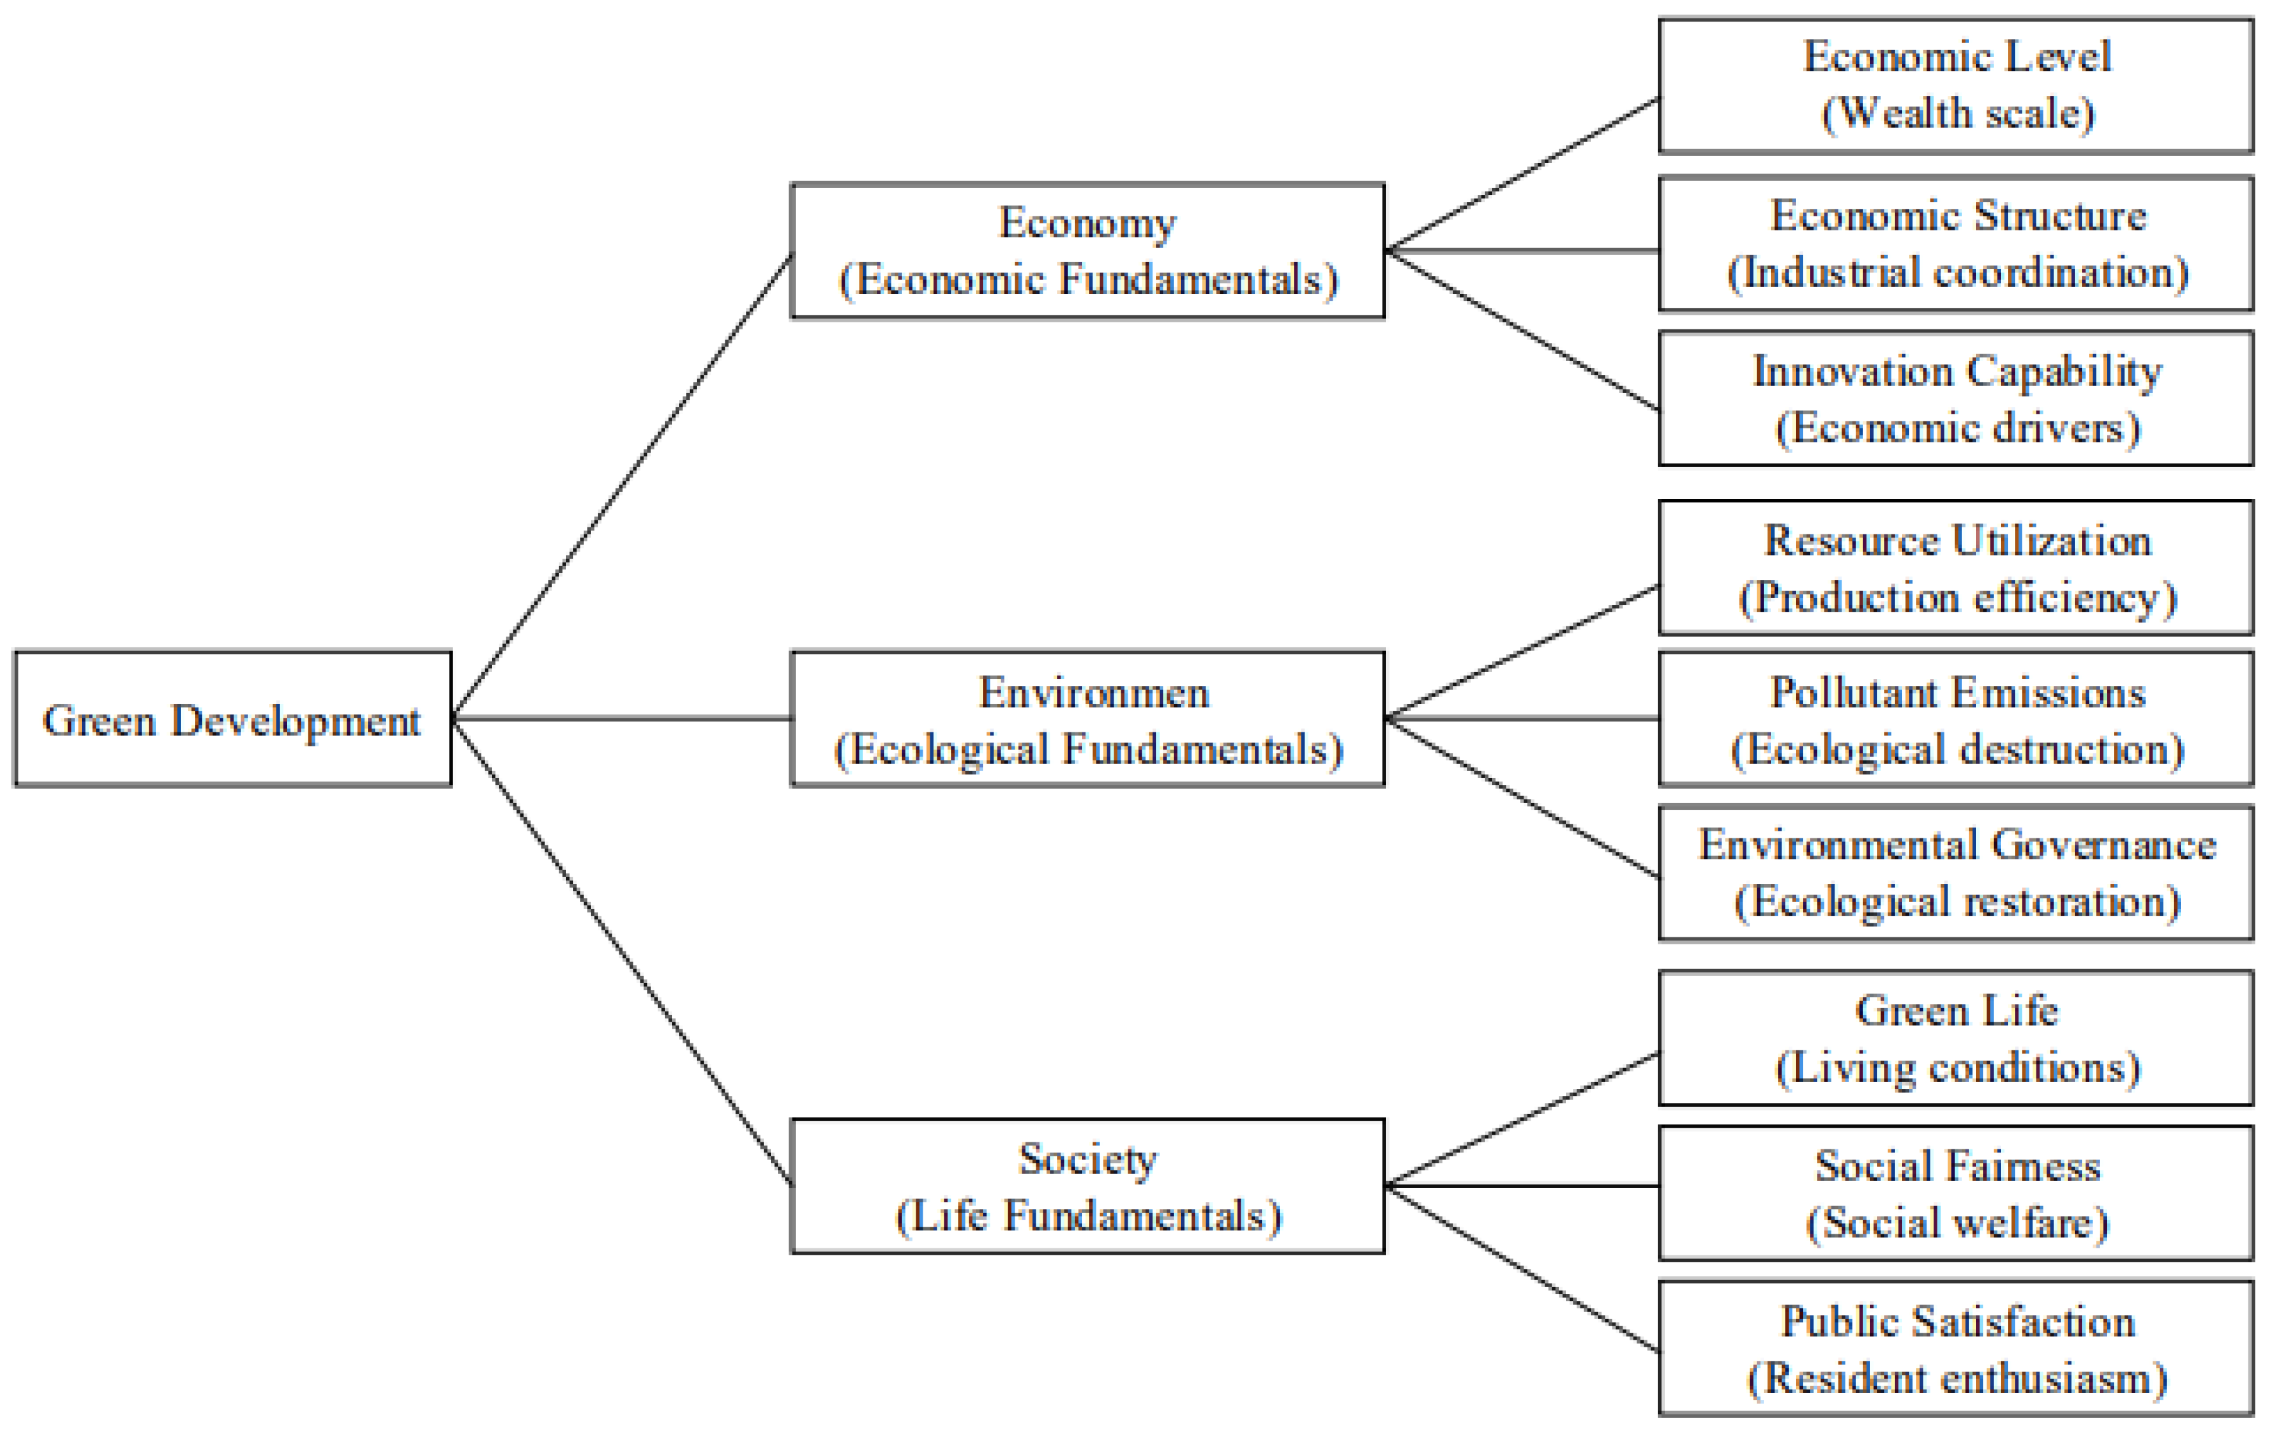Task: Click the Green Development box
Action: tap(232, 719)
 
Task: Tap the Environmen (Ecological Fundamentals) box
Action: tap(1088, 719)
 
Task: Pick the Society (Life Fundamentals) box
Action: tap(1088, 1187)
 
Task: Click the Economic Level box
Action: tap(1956, 85)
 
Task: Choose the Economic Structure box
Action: tap(1956, 244)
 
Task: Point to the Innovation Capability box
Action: tap(1956, 399)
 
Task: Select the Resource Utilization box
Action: tap(1956, 568)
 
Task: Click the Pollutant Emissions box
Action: tap(1956, 719)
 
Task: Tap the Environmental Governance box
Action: tap(1956, 873)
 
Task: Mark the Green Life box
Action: tap(1956, 1038)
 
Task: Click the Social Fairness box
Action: tap(1956, 1193)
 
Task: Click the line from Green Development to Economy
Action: tap(622, 487)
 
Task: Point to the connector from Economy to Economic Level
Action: tap(1521, 175)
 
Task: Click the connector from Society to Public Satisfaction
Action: tap(1521, 1269)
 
